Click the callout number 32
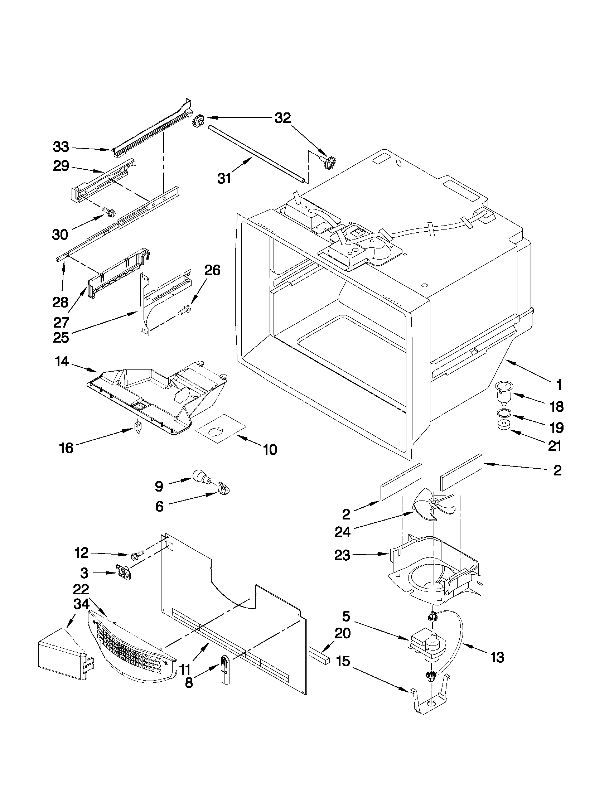tap(282, 118)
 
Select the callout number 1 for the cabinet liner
tap(559, 385)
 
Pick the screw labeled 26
tap(184, 309)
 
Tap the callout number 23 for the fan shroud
tap(342, 555)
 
